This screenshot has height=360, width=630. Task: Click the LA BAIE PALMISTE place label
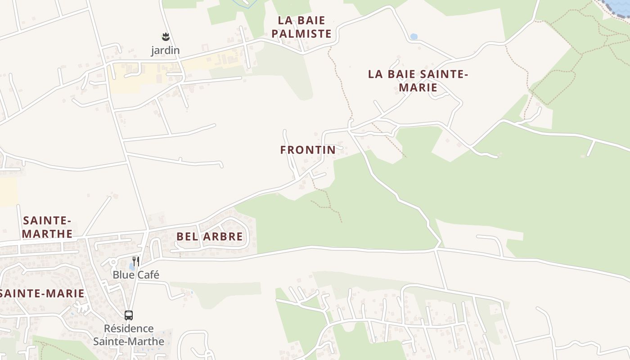tap(301, 27)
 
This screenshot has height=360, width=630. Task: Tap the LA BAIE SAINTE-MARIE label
tap(418, 81)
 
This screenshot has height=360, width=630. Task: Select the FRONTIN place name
tap(308, 150)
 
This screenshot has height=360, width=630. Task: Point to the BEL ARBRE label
tap(210, 236)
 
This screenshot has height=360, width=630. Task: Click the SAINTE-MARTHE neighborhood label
tap(47, 227)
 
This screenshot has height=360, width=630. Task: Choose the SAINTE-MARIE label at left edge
tap(42, 293)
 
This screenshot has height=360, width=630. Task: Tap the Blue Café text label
tap(136, 274)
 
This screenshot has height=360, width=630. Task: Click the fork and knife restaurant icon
tap(136, 261)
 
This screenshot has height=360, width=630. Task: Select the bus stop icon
tap(129, 315)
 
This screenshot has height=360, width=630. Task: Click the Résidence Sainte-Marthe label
tap(129, 335)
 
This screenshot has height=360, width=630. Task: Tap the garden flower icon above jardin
tap(166, 37)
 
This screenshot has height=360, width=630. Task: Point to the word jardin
tap(165, 50)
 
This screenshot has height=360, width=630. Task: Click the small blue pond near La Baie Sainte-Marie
tap(414, 36)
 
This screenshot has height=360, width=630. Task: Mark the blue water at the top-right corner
tap(617, 6)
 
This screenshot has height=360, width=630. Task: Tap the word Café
tap(148, 274)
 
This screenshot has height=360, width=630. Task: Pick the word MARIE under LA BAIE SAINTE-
tap(418, 87)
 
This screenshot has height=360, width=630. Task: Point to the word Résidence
tap(129, 328)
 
